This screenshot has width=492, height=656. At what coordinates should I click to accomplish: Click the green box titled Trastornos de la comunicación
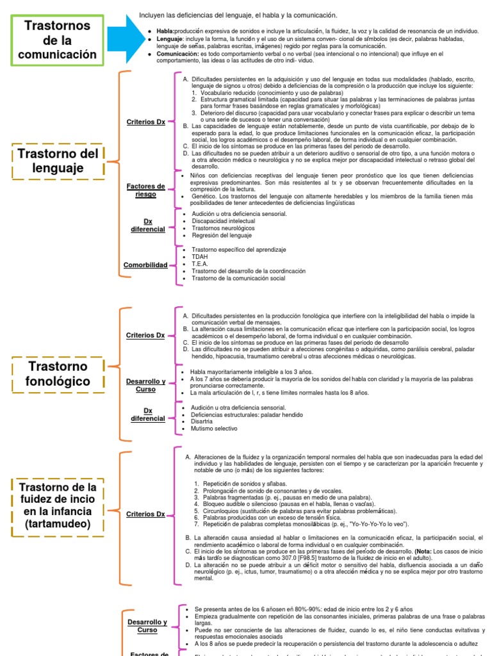pos(56,40)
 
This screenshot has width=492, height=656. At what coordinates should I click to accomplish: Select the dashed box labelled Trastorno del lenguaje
pos(58,161)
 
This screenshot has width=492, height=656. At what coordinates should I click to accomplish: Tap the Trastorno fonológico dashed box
pos(58,374)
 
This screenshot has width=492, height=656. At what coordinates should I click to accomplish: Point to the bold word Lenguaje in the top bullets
pos(169,38)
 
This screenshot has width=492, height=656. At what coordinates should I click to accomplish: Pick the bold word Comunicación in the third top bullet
pos(177,54)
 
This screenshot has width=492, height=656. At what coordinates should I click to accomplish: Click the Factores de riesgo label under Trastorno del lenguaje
pos(145,190)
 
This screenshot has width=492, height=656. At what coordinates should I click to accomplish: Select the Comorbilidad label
pos(146,265)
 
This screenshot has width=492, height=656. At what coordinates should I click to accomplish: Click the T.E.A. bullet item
pos(199,263)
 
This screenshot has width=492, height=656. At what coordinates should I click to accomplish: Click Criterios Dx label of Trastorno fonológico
pos(145,335)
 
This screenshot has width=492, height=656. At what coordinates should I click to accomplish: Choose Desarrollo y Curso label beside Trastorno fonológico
pos(145,385)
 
